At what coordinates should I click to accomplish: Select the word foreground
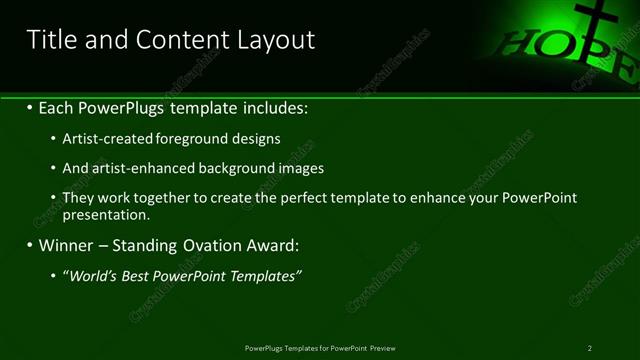tap(191, 139)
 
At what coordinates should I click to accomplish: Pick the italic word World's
tap(92, 276)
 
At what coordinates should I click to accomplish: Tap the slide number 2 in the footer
tap(590, 348)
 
